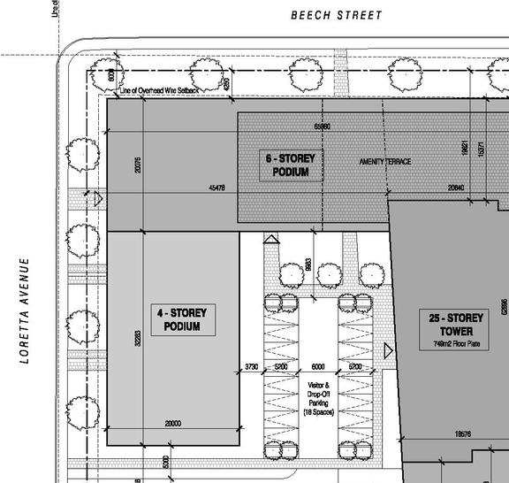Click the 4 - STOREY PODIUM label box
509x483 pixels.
(175, 320)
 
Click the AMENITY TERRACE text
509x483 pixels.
(384, 162)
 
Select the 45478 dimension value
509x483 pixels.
(217, 188)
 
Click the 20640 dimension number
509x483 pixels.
(456, 188)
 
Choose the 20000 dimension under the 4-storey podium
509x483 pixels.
(173, 424)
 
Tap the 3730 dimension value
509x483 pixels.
(251, 366)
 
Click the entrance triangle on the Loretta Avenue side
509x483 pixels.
(99, 199)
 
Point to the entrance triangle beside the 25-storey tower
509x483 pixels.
(389, 352)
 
